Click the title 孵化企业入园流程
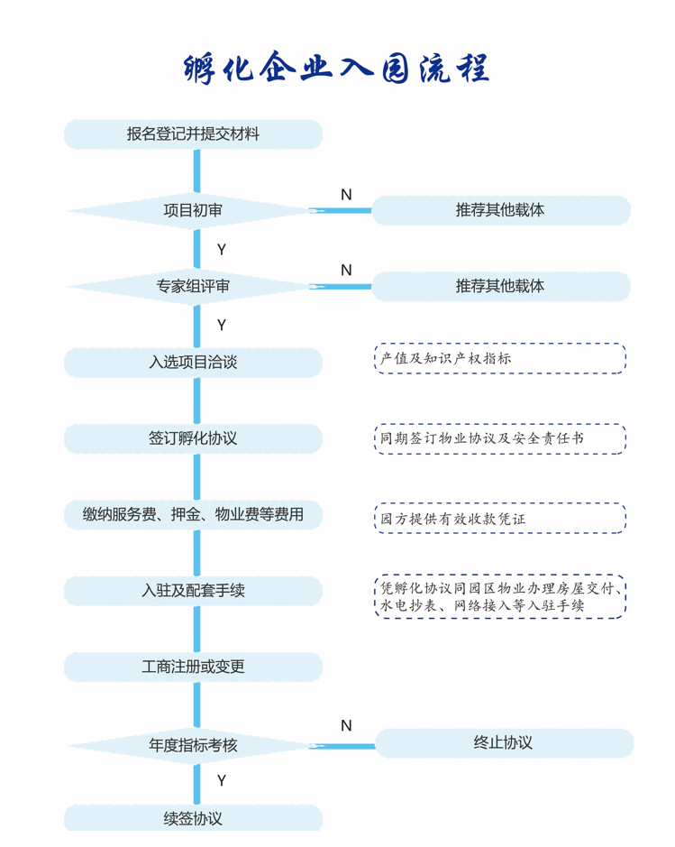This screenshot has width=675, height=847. [336, 68]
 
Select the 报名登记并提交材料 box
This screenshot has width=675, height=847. [193, 134]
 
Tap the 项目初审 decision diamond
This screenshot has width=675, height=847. [193, 210]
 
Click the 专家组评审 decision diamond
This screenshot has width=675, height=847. [193, 286]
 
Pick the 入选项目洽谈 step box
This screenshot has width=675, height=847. [193, 362]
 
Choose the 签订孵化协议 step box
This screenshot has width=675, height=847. [193, 438]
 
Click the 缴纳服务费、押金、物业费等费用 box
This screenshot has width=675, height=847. [193, 514]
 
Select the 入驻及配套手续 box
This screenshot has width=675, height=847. [193, 591]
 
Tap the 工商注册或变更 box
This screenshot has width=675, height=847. [193, 667]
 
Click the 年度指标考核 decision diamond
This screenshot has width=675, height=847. [193, 745]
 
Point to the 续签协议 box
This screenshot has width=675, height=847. [193, 818]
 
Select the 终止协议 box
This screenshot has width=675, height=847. [504, 742]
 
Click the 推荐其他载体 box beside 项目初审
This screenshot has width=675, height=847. [501, 210]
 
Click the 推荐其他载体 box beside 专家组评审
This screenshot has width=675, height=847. [501, 286]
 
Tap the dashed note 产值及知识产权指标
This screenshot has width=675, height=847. [500, 358]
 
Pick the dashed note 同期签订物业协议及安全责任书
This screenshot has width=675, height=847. [500, 438]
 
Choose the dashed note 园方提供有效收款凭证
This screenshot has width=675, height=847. [500, 519]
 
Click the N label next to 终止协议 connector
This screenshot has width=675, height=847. [346, 725]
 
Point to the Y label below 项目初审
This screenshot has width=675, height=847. [221, 250]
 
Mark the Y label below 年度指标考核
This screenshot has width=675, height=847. [221, 780]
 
